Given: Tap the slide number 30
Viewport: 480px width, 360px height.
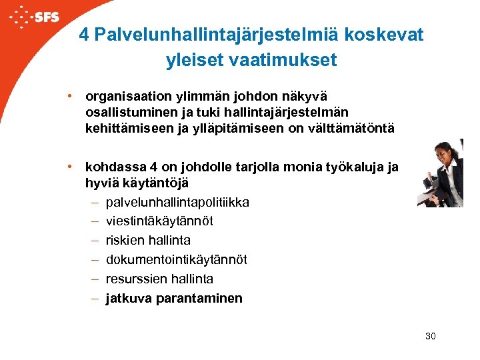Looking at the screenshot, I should pyautogui.click(x=430, y=336).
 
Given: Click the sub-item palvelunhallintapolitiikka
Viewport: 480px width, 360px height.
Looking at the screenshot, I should pyautogui.click(x=177, y=201).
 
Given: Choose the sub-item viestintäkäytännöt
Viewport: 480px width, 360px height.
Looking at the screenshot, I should pyautogui.click(x=159, y=221).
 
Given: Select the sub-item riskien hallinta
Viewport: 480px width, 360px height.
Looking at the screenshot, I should pyautogui.click(x=148, y=240).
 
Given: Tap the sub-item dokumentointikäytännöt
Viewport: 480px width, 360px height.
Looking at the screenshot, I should pyautogui.click(x=176, y=259).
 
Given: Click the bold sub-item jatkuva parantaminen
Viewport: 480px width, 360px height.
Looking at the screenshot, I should pyautogui.click(x=174, y=298).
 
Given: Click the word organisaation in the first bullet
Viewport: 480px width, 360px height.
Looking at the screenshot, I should pyautogui.click(x=124, y=97).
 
